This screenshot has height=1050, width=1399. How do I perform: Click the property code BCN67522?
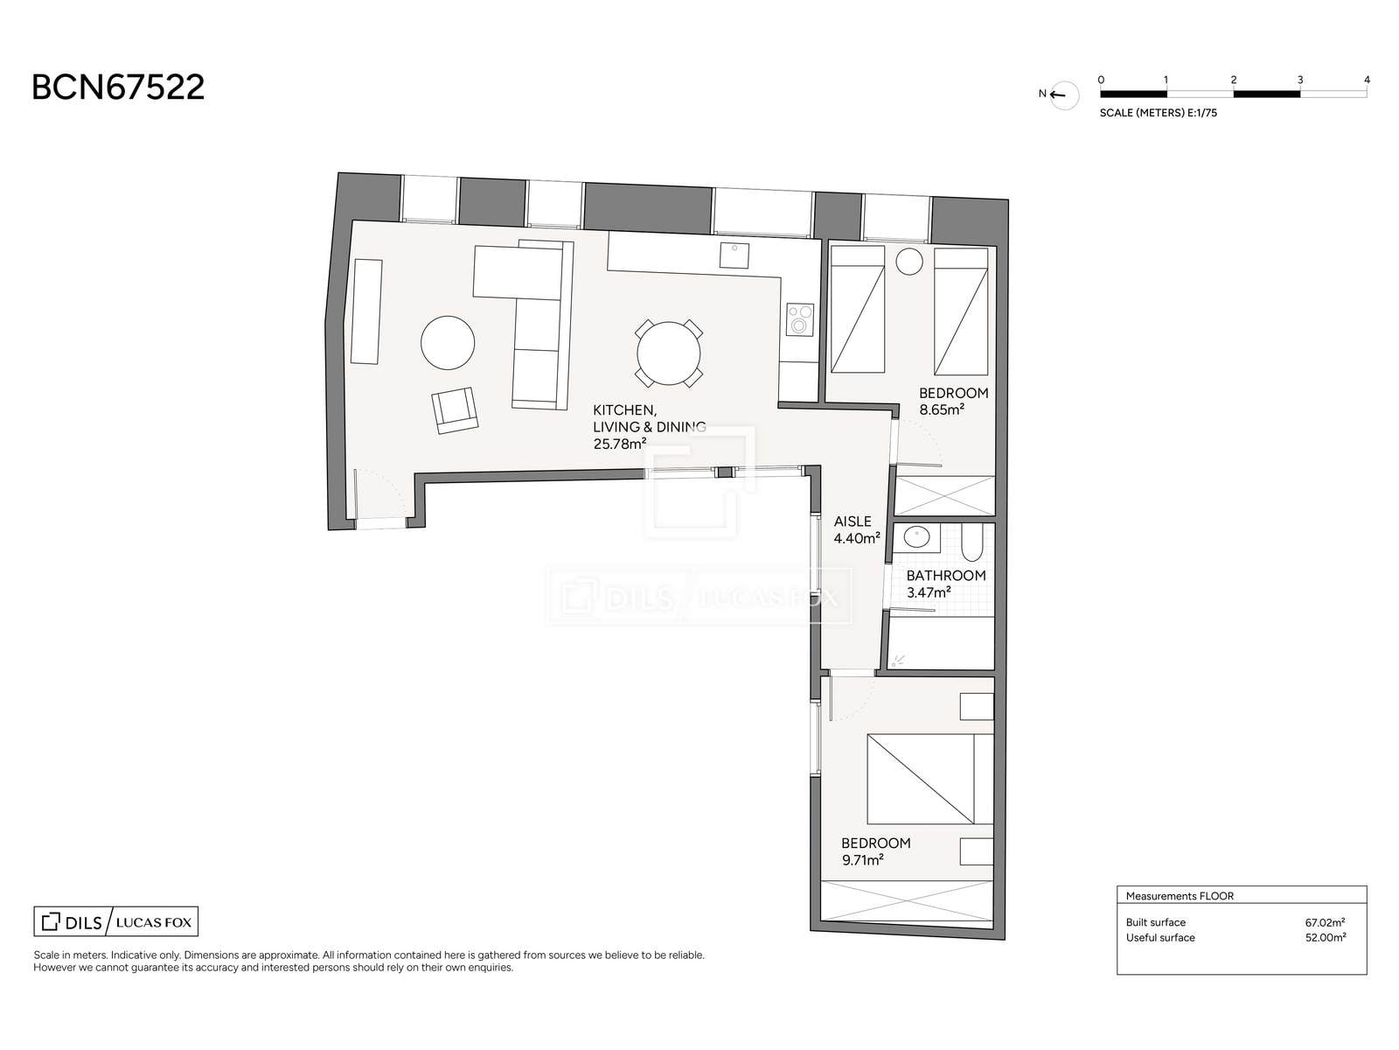[x=118, y=87]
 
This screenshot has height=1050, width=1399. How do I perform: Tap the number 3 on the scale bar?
[x=1299, y=80]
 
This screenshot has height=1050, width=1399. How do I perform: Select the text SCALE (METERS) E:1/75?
[x=1158, y=113]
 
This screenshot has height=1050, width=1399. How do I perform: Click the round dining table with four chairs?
[x=669, y=353]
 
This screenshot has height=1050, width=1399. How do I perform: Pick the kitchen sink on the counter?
[x=734, y=255]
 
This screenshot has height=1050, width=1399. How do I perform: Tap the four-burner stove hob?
[x=800, y=319]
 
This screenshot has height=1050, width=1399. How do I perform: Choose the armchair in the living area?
[x=455, y=410]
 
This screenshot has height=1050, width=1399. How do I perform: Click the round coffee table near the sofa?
[x=448, y=343]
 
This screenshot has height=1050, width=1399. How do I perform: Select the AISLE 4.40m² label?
[x=857, y=529]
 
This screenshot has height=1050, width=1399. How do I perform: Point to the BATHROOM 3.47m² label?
[x=946, y=584]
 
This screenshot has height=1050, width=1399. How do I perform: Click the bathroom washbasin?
[x=916, y=538]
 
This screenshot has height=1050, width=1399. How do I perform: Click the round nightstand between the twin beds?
[x=908, y=262]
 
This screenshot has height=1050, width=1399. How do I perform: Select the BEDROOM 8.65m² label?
[x=953, y=401]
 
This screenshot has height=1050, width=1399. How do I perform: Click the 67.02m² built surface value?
[x=1325, y=922]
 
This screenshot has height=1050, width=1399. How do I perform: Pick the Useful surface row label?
[x=1160, y=937]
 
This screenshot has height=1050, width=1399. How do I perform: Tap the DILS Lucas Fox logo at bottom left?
[x=116, y=921]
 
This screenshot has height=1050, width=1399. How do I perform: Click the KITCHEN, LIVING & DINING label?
[x=650, y=426]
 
